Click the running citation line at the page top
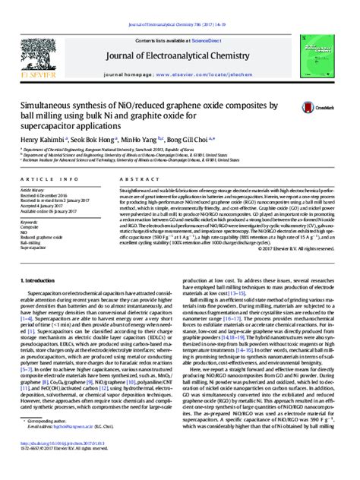[x=179, y=5]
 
